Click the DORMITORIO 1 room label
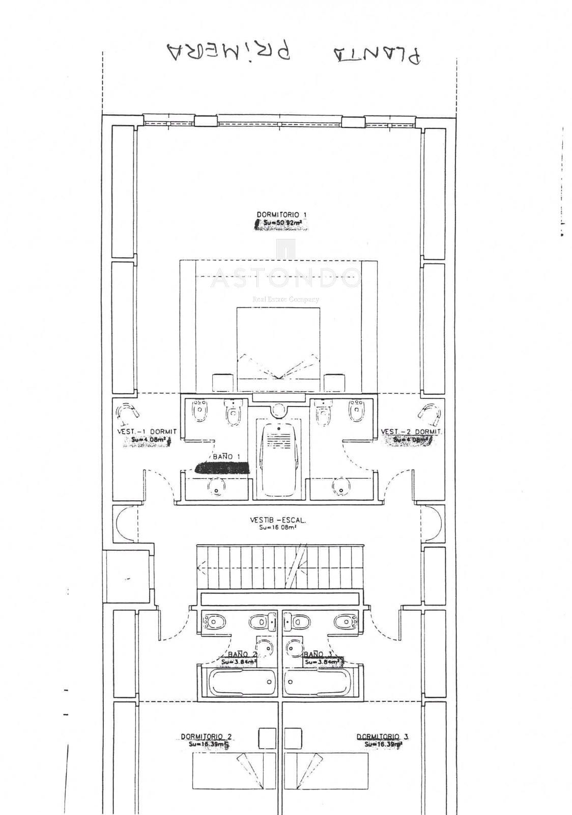click(x=281, y=215)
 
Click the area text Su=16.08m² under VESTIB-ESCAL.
click(x=277, y=528)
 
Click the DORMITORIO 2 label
click(x=206, y=737)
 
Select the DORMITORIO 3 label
click(x=382, y=737)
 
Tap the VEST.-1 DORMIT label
click(x=147, y=431)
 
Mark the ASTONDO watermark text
click(x=286, y=279)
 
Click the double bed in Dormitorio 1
click(x=278, y=344)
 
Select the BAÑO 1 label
click(x=226, y=457)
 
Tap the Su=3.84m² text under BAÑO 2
click(x=238, y=662)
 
